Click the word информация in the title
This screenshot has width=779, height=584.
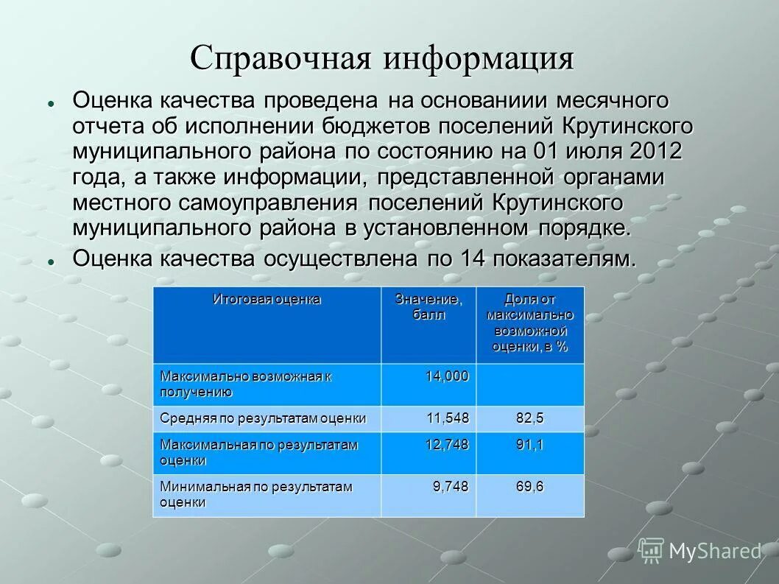(x=478, y=59)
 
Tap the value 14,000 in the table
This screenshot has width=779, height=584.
(x=447, y=376)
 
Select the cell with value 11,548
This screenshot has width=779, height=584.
(x=447, y=418)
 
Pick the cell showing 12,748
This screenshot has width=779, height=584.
(x=447, y=445)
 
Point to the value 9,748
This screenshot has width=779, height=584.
(x=451, y=487)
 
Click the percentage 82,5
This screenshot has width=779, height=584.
(x=529, y=418)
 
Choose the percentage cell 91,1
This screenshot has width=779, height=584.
(x=529, y=445)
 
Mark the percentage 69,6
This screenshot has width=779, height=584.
(x=529, y=487)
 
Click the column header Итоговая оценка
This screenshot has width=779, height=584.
(x=267, y=300)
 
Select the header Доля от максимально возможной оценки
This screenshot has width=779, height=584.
(x=529, y=323)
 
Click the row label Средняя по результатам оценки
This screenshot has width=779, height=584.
(x=263, y=418)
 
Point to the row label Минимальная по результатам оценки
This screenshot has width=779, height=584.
(x=255, y=494)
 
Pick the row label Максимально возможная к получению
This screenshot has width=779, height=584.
(x=245, y=384)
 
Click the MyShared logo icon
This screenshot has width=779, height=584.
(x=651, y=550)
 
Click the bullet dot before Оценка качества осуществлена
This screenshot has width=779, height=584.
(x=51, y=261)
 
